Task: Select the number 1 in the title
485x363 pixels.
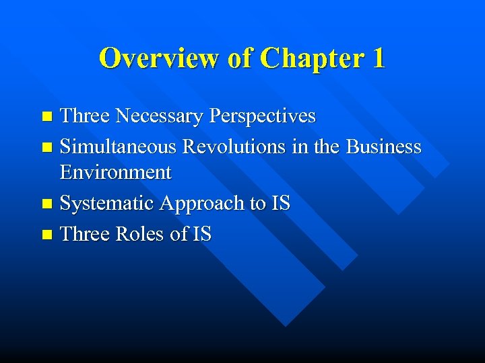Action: click(x=378, y=58)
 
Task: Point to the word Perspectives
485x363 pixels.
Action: click(x=262, y=116)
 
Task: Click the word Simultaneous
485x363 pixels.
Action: click(x=117, y=147)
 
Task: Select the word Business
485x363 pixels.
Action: click(x=383, y=147)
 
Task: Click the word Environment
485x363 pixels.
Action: click(x=115, y=172)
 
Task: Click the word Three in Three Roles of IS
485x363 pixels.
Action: click(x=85, y=234)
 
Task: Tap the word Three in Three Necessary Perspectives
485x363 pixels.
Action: click(x=85, y=116)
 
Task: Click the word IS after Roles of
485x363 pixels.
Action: click(x=201, y=234)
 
